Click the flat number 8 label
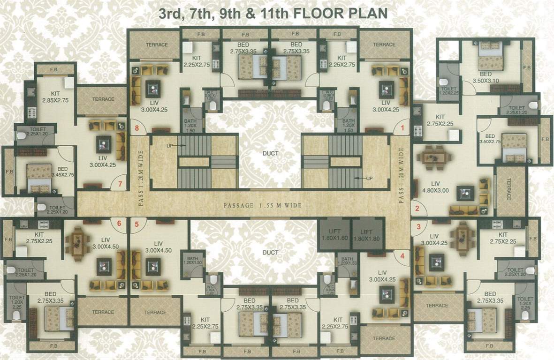point(137,127)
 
